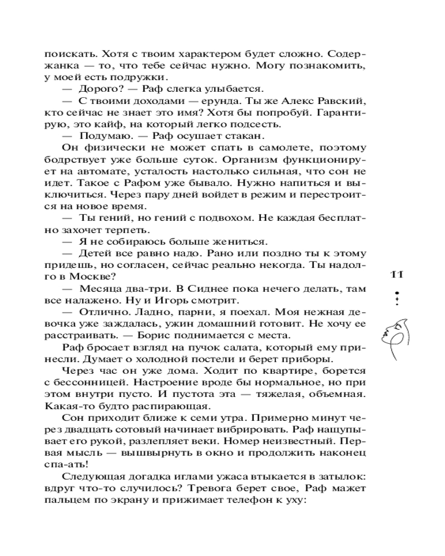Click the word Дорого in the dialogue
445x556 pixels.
pyautogui.click(x=96, y=89)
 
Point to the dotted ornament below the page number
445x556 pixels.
pyautogui.click(x=396, y=296)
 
